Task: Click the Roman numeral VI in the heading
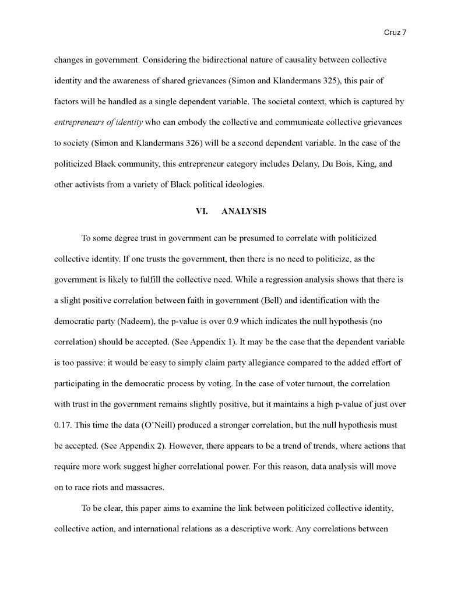pyautogui.click(x=201, y=211)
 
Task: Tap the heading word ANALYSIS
pyautogui.click(x=244, y=211)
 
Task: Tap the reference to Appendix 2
pyautogui.click(x=146, y=446)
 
